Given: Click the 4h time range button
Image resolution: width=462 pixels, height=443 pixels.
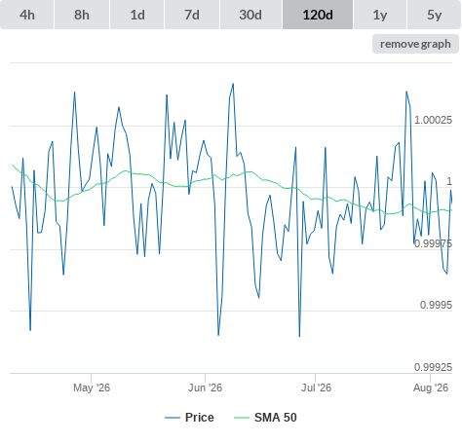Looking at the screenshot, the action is tap(27, 15).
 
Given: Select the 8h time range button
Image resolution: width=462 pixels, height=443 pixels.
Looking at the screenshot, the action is tap(82, 15).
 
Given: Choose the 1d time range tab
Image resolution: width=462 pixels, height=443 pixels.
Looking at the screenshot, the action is tap(137, 15).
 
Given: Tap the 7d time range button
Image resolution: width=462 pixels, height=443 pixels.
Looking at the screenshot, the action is tap(192, 15).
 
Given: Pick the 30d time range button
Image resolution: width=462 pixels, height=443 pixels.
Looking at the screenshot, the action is tap(250, 15).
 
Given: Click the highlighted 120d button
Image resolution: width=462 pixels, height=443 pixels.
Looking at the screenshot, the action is tap(318, 15).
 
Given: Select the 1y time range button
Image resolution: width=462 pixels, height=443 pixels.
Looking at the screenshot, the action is tap(380, 15).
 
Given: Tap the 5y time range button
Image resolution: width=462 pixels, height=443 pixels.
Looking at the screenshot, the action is tap(435, 15).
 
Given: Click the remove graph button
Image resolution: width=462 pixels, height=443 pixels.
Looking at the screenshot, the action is tap(415, 44).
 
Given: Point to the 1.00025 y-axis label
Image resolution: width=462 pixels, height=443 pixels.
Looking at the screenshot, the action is tap(433, 120).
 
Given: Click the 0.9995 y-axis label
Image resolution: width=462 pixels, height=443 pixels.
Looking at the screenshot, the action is tap(436, 305).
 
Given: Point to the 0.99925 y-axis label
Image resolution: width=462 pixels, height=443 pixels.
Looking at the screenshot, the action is tap(433, 367).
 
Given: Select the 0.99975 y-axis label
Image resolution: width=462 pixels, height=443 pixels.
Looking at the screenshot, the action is tap(433, 243).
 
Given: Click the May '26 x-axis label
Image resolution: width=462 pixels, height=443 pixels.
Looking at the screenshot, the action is tap(92, 388).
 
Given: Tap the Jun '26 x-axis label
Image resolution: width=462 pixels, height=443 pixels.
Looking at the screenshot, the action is tap(205, 388).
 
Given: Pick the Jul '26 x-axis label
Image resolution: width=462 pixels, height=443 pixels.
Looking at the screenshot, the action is tap(316, 388).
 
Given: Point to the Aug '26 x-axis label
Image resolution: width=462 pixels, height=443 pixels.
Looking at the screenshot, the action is tap(431, 388).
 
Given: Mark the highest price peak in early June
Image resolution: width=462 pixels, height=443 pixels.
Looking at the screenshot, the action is tap(233, 84).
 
